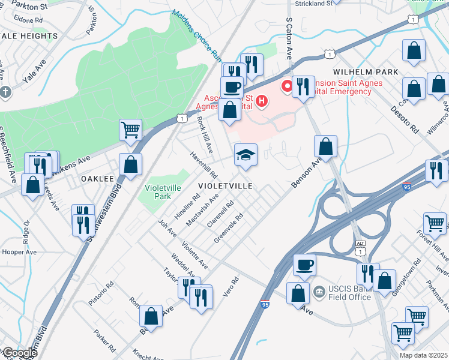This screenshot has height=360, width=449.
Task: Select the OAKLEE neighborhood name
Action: tap(97, 179)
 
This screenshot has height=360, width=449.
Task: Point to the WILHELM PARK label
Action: tap(362, 72)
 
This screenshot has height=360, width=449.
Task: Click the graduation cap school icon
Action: tap(246, 155)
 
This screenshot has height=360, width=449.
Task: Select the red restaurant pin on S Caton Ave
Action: tap(288, 87)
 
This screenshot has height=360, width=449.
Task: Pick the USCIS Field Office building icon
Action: tap(319, 292)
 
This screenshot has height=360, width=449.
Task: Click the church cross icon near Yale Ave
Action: tap(5, 92)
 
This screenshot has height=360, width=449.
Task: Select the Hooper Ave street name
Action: tap(21, 253)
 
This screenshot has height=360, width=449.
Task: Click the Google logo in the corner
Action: tap(19, 353)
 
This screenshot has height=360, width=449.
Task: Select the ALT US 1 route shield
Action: tap(360, 248)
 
